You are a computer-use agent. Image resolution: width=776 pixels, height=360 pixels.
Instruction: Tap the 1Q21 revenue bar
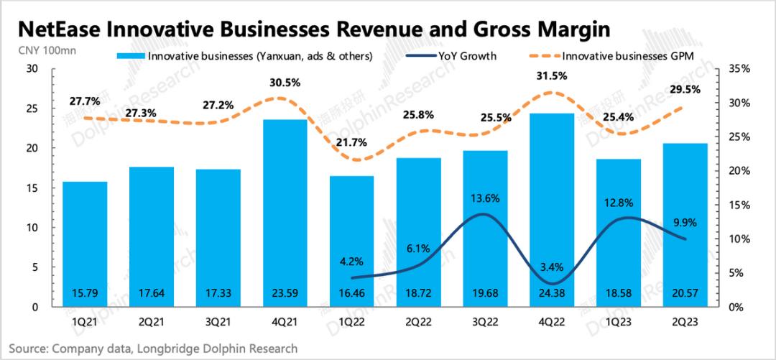pyautogui.click(x=85, y=244)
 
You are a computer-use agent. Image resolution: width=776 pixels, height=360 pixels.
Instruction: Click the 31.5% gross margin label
pyautogui.click(x=551, y=75)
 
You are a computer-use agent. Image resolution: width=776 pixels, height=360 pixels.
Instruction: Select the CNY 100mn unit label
pyautogui.click(x=47, y=50)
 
